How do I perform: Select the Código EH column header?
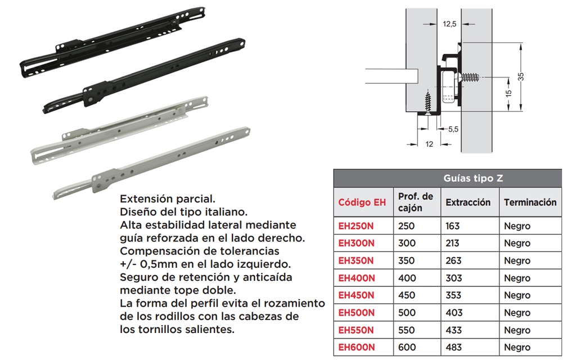[x=362, y=202]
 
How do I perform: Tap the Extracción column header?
[x=468, y=202]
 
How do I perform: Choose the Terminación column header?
[x=530, y=202]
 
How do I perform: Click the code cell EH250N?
[x=355, y=226]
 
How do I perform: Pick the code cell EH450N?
[x=356, y=295]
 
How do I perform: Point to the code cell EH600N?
[x=356, y=348]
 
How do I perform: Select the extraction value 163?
[x=452, y=226]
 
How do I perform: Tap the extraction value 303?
[x=453, y=278]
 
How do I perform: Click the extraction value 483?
[x=453, y=348]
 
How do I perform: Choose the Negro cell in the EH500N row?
[x=517, y=313]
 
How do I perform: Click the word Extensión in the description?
[x=145, y=200]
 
